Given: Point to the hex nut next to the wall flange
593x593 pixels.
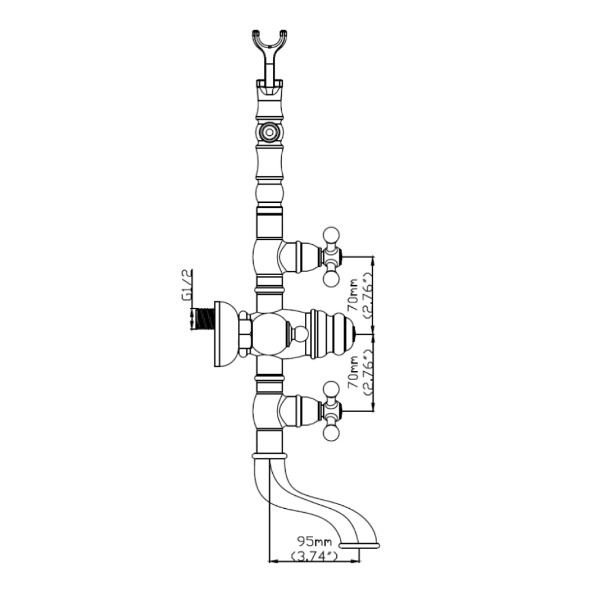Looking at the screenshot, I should point(244,333).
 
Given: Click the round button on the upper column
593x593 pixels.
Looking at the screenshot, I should point(270,131).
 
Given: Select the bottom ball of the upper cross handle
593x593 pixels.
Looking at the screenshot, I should point(330,278).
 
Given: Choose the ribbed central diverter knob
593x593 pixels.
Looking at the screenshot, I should point(332,334).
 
